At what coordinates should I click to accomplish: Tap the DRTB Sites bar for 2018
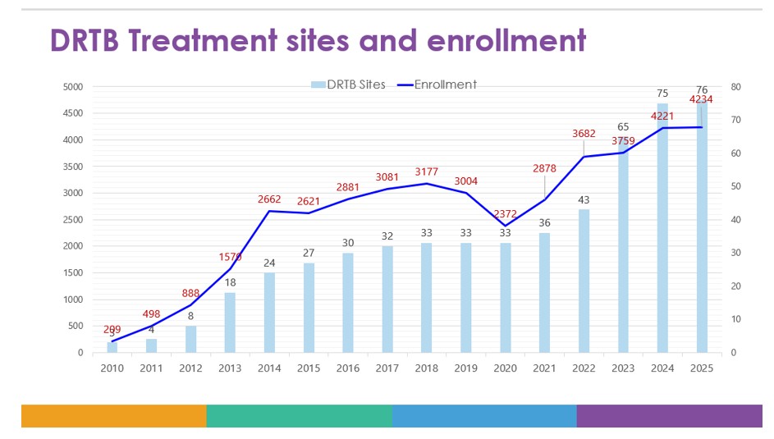click(x=427, y=298)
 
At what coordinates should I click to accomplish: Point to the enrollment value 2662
click(x=270, y=199)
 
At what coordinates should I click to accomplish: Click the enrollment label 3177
click(x=427, y=171)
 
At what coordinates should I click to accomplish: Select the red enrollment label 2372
click(x=506, y=213)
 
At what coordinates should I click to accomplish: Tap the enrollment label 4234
click(x=701, y=100)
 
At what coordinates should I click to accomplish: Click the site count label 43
click(x=584, y=199)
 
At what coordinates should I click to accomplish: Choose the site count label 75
click(x=662, y=94)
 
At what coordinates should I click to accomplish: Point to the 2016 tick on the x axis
click(x=348, y=368)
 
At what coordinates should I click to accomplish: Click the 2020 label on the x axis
click(x=506, y=368)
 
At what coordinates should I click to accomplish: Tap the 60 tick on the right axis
click(x=736, y=153)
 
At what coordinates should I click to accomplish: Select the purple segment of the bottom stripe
click(x=669, y=416)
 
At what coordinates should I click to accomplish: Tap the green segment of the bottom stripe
click(x=299, y=416)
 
